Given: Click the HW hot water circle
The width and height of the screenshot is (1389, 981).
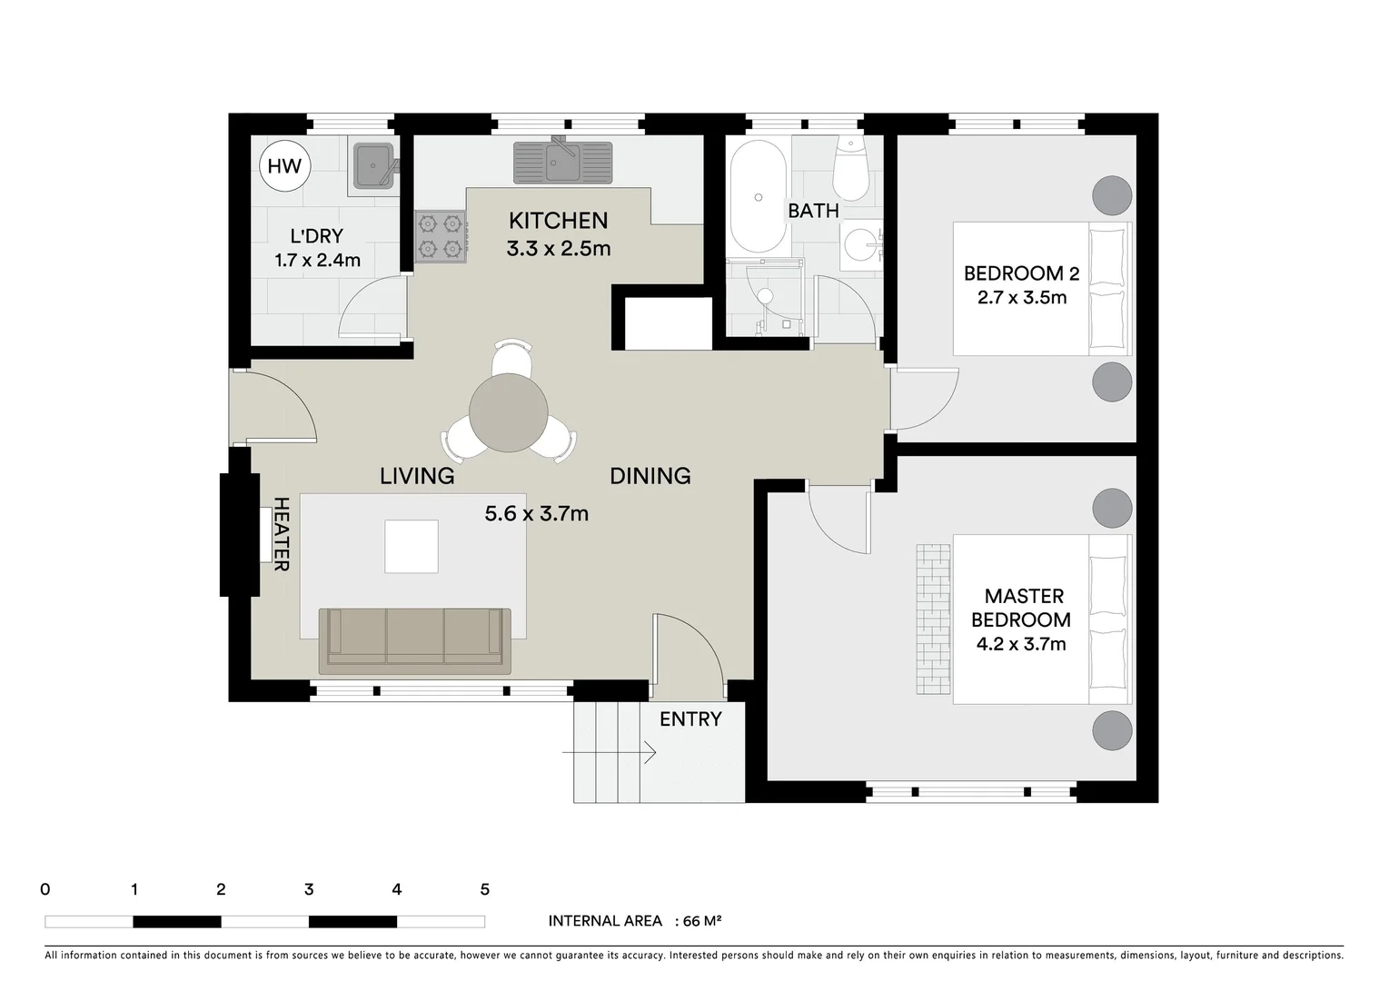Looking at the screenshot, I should click(284, 165).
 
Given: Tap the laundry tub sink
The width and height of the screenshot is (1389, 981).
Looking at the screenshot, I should click(372, 164).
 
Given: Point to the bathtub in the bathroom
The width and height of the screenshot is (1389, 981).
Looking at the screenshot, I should click(758, 196).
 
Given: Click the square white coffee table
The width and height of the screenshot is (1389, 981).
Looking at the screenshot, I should click(411, 546).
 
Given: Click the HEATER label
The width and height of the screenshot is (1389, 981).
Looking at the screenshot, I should click(281, 534).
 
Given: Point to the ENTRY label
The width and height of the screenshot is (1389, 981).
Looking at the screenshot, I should click(690, 719).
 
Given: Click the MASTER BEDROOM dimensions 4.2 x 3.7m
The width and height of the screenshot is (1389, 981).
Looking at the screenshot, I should click(1020, 645).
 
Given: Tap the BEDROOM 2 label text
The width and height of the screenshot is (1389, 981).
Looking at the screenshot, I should click(1014, 273).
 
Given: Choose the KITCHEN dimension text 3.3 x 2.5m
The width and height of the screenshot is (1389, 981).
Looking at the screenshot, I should click(558, 248).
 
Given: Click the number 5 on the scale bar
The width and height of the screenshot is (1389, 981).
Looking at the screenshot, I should click(484, 890).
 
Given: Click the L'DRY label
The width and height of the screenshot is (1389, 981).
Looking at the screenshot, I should click(316, 237).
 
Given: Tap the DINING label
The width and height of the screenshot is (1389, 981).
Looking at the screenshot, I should click(650, 476).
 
